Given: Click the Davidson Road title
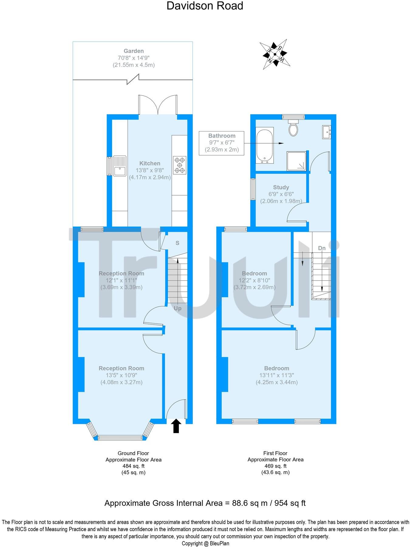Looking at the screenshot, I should tap(205, 6).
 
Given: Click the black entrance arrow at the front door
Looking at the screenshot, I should tap(176, 426).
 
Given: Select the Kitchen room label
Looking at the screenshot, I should tap(150, 163).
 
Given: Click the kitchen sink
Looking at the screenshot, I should tap(120, 165).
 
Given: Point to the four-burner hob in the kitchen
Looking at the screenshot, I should tap(180, 165).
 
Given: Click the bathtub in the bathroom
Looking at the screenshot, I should tap(265, 145).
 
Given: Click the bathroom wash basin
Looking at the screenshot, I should tap(326, 132).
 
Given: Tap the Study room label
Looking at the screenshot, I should tap(281, 187).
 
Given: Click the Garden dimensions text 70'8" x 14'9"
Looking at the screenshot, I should tap(134, 58).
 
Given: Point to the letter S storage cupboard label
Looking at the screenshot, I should tap(177, 243).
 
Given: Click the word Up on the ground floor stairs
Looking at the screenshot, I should tap(178, 308).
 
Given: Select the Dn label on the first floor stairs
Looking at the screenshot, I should tap(322, 248).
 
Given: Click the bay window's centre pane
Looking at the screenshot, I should tap(120, 438).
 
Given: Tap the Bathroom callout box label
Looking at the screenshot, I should tap(222, 136).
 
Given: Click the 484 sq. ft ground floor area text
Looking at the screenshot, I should tap(134, 466).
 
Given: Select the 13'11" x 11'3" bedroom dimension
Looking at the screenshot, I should tap(276, 375).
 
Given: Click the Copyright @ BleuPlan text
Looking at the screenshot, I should tap(205, 544).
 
